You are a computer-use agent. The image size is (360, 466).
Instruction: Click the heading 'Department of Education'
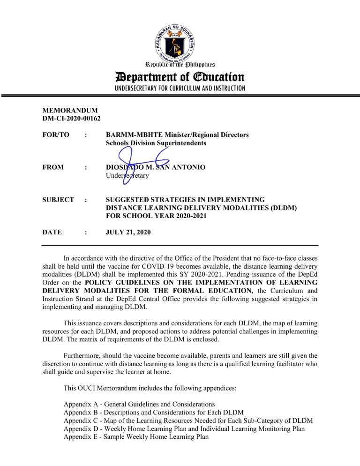pos(180,76)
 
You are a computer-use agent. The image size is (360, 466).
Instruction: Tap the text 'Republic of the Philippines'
pos(180,63)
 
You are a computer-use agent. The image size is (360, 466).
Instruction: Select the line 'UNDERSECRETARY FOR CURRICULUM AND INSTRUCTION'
pos(180,88)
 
